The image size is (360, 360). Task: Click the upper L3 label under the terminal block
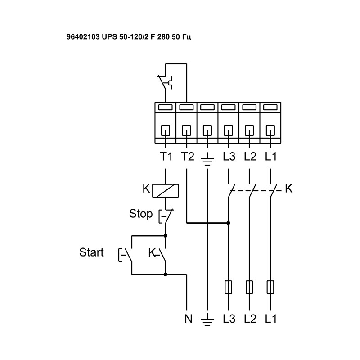pos(229,157)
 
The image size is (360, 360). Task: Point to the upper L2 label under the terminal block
pos(250,157)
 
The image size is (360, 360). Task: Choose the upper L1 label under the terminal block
pos(270,157)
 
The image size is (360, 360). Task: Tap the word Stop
pos(141,214)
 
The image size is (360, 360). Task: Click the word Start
pos(91,252)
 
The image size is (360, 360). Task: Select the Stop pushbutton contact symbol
pos(164,216)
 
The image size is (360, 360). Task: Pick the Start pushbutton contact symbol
pos(126,255)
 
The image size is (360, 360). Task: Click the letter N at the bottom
pos(188,319)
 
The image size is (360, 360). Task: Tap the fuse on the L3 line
pos(229,287)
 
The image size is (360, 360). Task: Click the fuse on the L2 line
pos(250,287)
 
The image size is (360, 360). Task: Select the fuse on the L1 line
pos(270,287)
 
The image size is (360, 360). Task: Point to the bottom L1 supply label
pos(270,319)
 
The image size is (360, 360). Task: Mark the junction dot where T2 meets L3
pos(229,222)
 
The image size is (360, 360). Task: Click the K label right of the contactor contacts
pos(289,189)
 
